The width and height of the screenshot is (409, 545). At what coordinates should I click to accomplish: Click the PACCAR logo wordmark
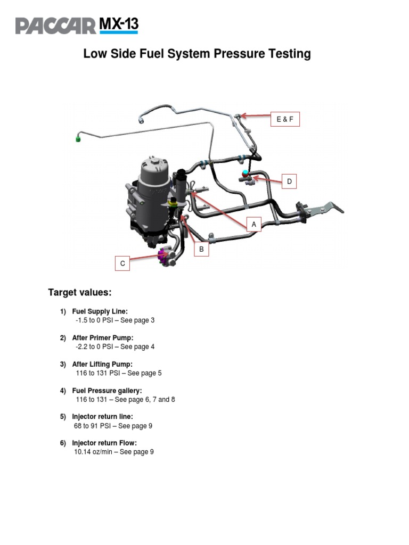point(55,26)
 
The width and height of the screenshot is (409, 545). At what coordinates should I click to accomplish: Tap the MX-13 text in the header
point(118,24)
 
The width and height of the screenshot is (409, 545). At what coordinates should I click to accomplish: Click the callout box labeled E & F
point(285,120)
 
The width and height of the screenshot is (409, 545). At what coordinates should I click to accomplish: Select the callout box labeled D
point(289,181)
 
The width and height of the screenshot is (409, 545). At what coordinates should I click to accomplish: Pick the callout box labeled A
point(254,225)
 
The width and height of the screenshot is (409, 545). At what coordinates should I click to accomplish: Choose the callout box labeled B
point(201,249)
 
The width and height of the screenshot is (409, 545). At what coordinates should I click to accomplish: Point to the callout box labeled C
point(122,263)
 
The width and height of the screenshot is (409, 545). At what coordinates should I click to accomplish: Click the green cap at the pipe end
point(78,139)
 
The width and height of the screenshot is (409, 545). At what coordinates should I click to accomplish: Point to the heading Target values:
point(80,292)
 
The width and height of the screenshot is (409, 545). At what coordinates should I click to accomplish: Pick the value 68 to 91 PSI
point(93,426)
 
